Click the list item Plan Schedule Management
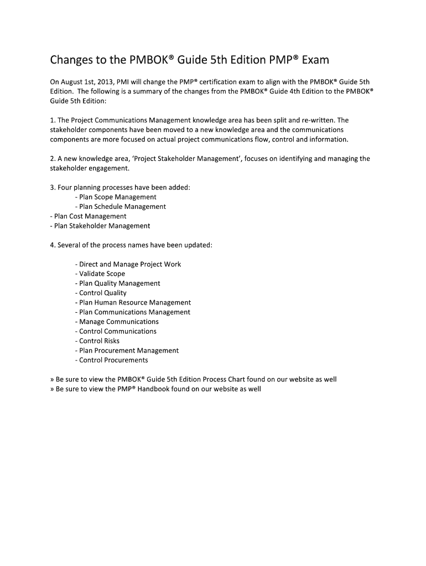click(x=120, y=206)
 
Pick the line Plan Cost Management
click(x=88, y=216)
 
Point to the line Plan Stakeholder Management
click(x=100, y=226)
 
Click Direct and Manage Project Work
click(x=128, y=264)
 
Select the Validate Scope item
click(x=100, y=274)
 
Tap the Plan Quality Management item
click(x=117, y=283)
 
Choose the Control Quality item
click(x=101, y=293)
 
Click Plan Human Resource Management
click(x=133, y=302)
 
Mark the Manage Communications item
click(x=117, y=322)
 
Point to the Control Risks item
click(x=97, y=341)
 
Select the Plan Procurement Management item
click(x=127, y=350)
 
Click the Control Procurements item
click(x=111, y=360)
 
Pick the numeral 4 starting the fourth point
click(x=51, y=245)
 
